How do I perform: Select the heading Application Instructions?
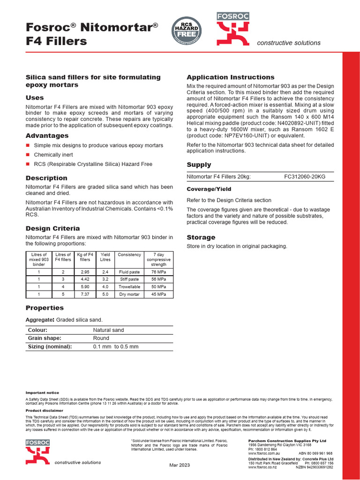[x=231, y=77]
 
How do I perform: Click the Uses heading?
[x=35, y=98]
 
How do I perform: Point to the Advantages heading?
[x=47, y=135]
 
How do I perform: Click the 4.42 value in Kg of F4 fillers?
[x=85, y=279]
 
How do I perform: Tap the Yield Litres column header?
[x=105, y=257]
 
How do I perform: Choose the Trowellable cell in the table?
[x=129, y=286]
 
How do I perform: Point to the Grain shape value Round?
[x=101, y=338]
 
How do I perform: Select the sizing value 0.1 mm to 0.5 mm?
[x=116, y=346]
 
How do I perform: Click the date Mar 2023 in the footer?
[x=180, y=465]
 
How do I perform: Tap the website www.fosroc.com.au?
[x=265, y=453]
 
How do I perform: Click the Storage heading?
[x=201, y=238]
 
